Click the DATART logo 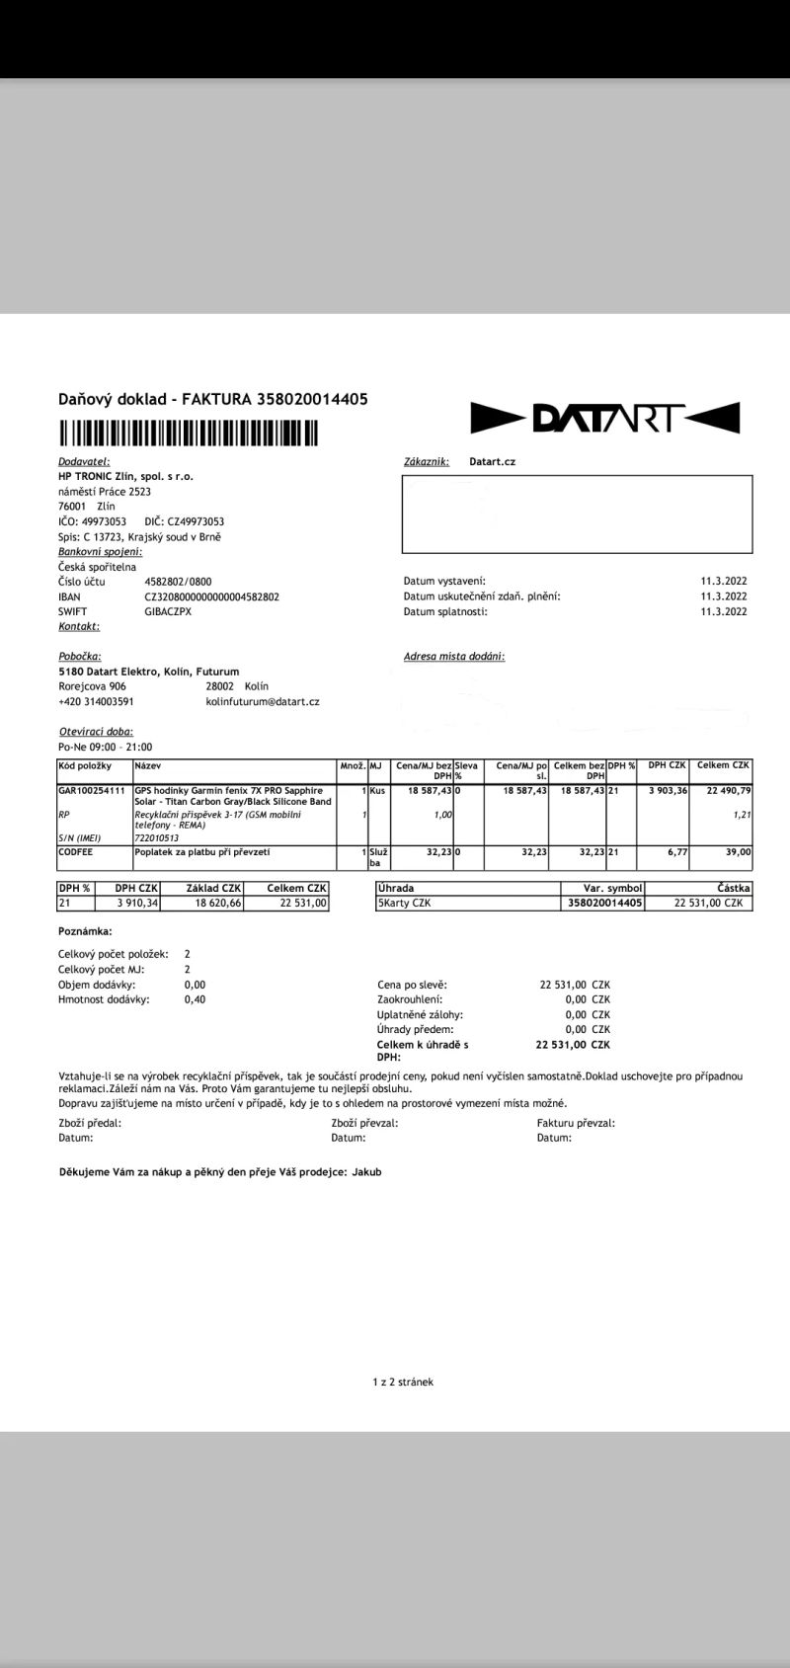[604, 418]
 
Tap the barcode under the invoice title [189, 434]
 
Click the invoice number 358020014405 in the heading [312, 399]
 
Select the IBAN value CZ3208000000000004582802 [211, 596]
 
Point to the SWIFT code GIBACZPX [168, 611]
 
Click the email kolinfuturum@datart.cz [263, 701]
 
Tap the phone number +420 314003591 [96, 701]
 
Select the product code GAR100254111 [92, 791]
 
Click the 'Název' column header [148, 766]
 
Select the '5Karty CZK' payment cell [405, 903]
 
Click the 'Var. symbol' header [612, 889]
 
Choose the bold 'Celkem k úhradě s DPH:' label [423, 1050]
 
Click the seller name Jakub [366, 1172]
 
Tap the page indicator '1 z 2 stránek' [396, 1382]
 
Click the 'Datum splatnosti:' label [445, 611]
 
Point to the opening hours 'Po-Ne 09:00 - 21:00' [106, 748]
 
